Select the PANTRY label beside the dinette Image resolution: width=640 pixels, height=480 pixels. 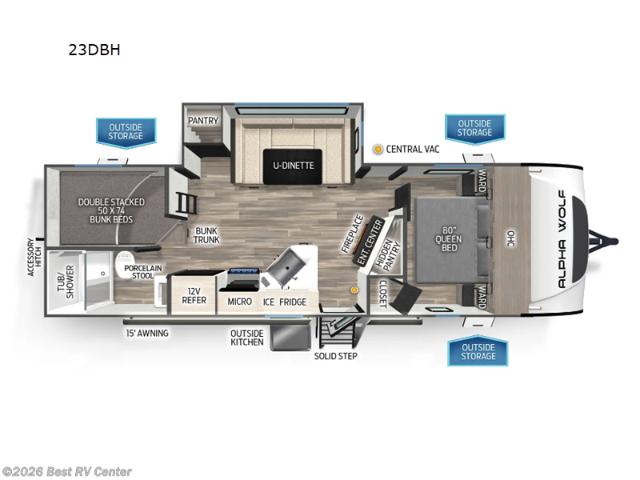pos(203,121)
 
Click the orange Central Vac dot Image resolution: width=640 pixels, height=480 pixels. pos(378,149)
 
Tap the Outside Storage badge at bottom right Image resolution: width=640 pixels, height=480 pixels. pos(478,352)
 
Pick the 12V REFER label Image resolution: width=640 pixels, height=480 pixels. pos(196,296)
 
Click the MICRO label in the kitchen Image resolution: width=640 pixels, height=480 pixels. pos(240,302)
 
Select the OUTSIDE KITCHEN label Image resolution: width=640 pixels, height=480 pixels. pos(248,338)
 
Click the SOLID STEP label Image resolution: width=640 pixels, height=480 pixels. pos(335,355)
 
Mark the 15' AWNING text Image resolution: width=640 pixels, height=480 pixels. pos(146,333)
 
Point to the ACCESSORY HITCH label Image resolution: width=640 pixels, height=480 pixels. pos(34,257)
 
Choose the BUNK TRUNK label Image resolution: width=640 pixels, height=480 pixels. pos(206,235)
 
